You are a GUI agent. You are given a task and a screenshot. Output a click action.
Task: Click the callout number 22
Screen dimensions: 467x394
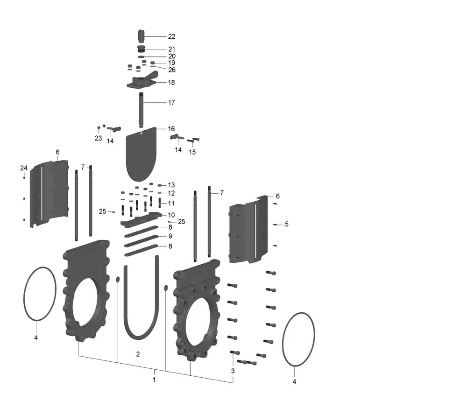click(171, 36)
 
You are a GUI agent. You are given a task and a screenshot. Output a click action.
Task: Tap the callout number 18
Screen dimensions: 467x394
click(171, 83)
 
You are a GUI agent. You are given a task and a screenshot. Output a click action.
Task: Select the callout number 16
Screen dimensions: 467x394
click(171, 129)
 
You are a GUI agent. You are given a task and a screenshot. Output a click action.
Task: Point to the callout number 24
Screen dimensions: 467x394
click(24, 168)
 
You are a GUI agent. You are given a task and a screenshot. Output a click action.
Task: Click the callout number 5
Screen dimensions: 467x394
click(287, 224)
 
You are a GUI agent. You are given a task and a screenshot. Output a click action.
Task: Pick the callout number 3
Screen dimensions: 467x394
click(233, 371)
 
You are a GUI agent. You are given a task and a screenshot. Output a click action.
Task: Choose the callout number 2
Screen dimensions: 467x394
click(138, 354)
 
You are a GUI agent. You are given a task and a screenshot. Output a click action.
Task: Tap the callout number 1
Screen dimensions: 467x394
click(154, 380)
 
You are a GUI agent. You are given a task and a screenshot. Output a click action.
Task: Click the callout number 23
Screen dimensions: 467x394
click(98, 138)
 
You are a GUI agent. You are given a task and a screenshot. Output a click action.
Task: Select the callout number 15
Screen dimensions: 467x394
click(192, 152)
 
